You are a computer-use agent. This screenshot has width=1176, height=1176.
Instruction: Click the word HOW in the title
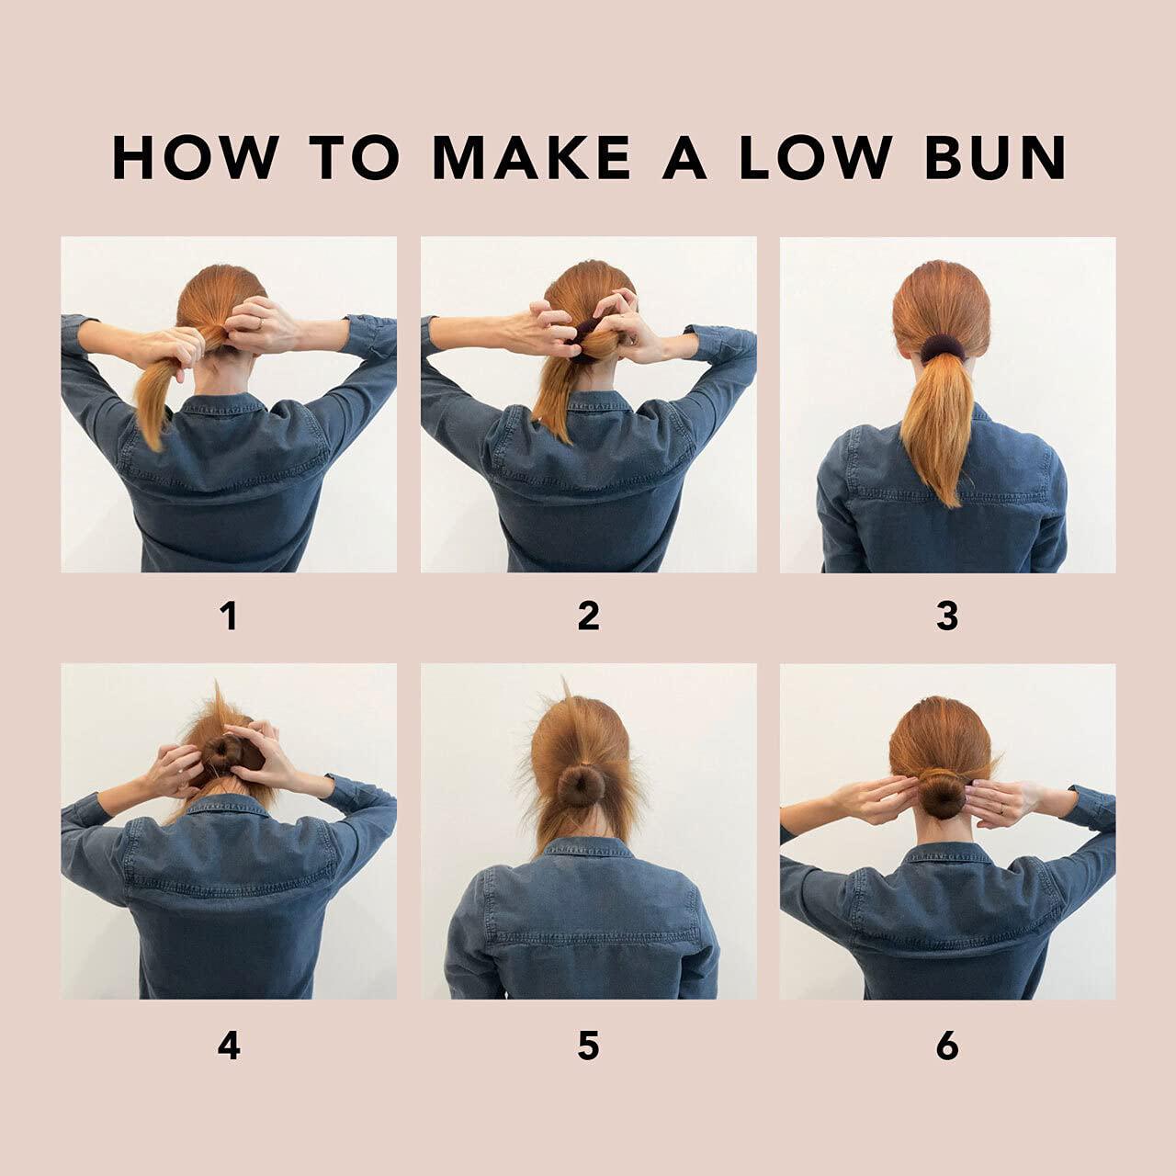click(x=196, y=157)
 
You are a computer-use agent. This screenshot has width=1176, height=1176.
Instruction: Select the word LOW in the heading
click(x=817, y=157)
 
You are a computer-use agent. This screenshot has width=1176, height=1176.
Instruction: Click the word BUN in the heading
click(x=995, y=157)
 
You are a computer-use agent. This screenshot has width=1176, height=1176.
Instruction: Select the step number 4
click(x=229, y=1046)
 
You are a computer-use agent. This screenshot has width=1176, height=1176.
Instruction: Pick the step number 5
click(x=588, y=1046)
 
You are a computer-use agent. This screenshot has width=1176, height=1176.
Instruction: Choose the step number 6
click(x=947, y=1046)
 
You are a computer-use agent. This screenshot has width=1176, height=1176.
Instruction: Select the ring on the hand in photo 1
click(x=262, y=322)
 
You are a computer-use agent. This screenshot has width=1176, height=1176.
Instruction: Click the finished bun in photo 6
click(x=942, y=795)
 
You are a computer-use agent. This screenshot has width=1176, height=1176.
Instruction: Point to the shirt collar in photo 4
click(x=227, y=805)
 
